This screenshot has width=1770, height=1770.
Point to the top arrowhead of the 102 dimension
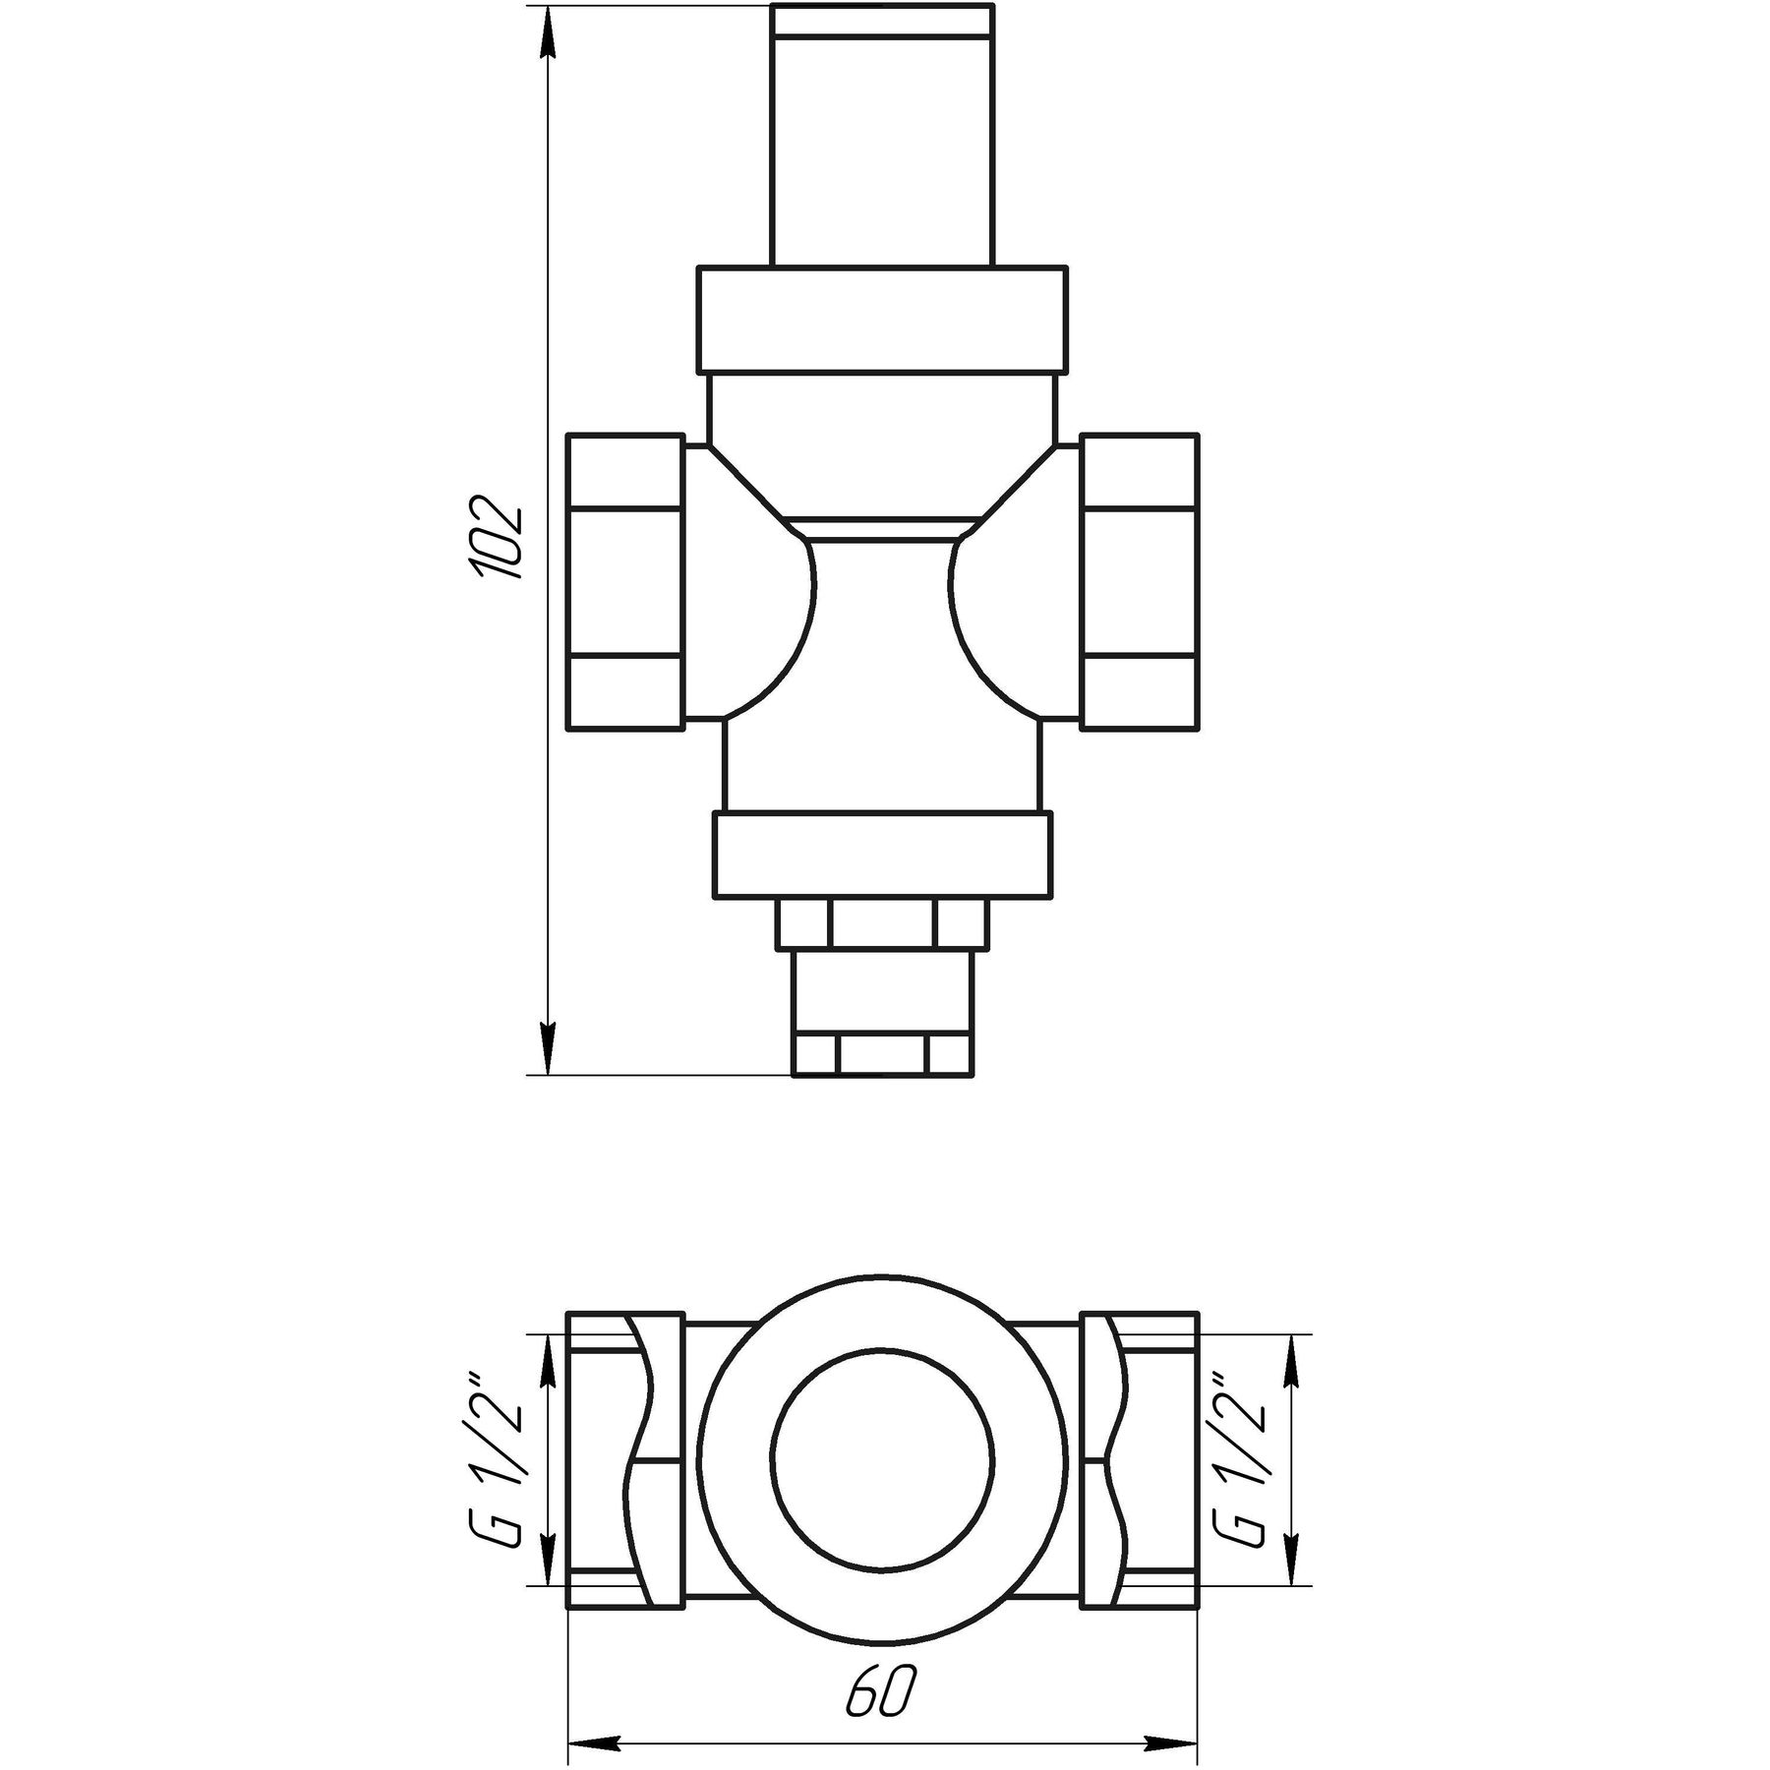click(549, 29)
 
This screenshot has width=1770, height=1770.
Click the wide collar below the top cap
click(882, 319)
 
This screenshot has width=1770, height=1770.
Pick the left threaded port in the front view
click(625, 581)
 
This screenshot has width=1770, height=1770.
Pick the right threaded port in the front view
click(1140, 581)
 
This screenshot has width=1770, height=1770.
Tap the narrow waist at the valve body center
click(882, 610)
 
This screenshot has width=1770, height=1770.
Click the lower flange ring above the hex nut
click(882, 855)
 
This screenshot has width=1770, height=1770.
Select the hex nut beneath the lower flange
click(882, 923)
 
